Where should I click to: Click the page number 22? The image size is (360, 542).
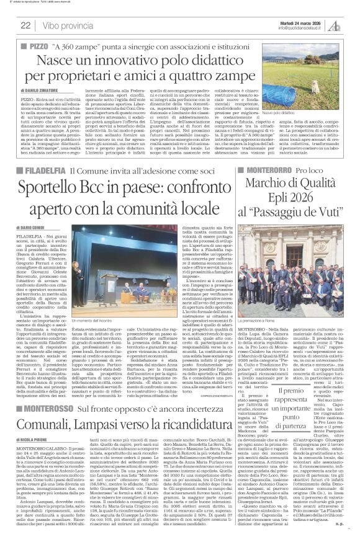[26, 25]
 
